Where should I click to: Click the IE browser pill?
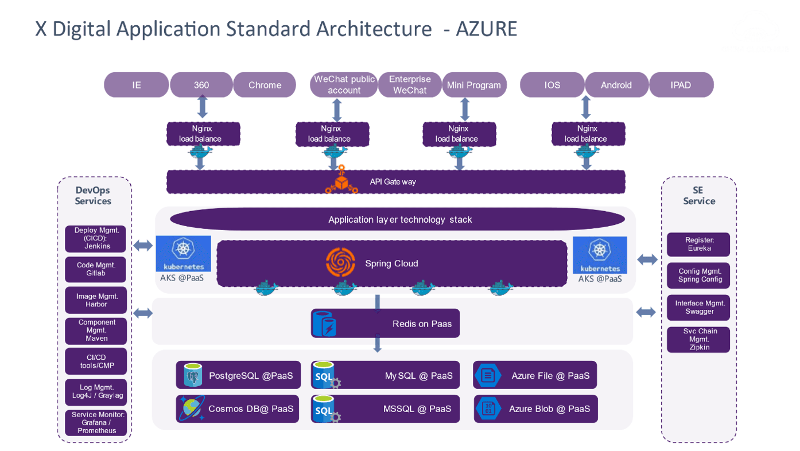coord(136,85)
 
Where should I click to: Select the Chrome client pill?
coord(265,85)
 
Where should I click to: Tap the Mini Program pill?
coord(474,85)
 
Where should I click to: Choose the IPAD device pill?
coord(681,85)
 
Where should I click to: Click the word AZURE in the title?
coord(487,29)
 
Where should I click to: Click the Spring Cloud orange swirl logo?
coord(340,263)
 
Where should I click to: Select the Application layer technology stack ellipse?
coord(397,219)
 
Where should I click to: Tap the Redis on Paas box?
coord(385,324)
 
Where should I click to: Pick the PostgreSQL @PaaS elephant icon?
coord(193,375)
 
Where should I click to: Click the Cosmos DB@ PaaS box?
coord(237,409)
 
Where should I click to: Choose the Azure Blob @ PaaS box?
coord(535,409)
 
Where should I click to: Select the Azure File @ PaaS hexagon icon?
coord(488,375)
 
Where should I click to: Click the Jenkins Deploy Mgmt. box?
coord(96,238)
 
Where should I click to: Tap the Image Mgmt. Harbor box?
coord(96,300)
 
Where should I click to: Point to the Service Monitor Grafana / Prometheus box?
coord(96,422)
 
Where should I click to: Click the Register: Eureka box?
coord(698,244)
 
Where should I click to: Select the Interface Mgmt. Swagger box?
coord(698,308)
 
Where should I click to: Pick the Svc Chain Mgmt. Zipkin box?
coord(698,339)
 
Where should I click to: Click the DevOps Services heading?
coord(93,196)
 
